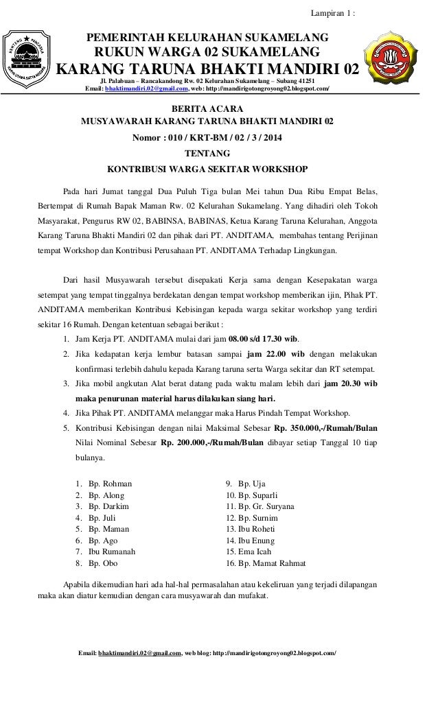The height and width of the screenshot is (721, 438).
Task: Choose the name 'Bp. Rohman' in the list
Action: click(x=110, y=484)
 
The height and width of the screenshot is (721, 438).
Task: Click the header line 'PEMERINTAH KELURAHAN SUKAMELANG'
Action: click(x=207, y=37)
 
